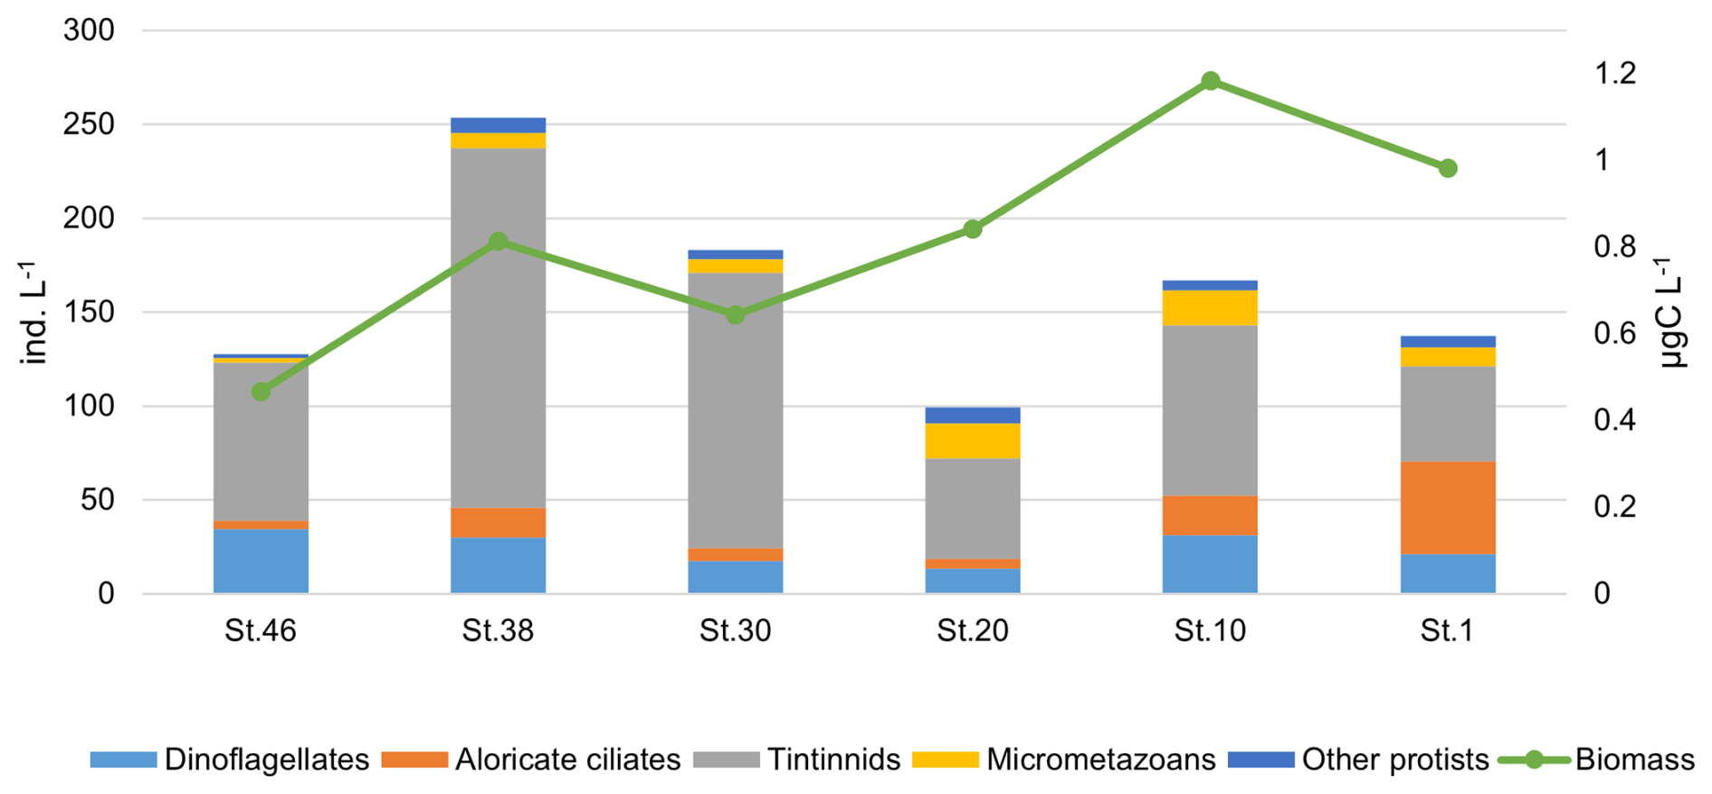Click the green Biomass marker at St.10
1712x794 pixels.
[1210, 81]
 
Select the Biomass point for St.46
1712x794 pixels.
[261, 392]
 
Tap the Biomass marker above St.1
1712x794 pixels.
[1448, 168]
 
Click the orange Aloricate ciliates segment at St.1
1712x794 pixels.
[1448, 508]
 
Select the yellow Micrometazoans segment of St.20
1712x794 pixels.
[973, 441]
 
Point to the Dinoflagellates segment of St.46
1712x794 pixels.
[261, 561]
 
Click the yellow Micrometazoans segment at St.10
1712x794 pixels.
[1210, 308]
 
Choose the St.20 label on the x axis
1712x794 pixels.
[973, 630]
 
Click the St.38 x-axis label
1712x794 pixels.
[498, 630]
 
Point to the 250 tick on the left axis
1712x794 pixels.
[89, 124]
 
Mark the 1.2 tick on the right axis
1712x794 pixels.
[1615, 73]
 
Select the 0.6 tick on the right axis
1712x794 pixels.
[1615, 333]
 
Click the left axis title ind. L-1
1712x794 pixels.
[34, 312]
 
